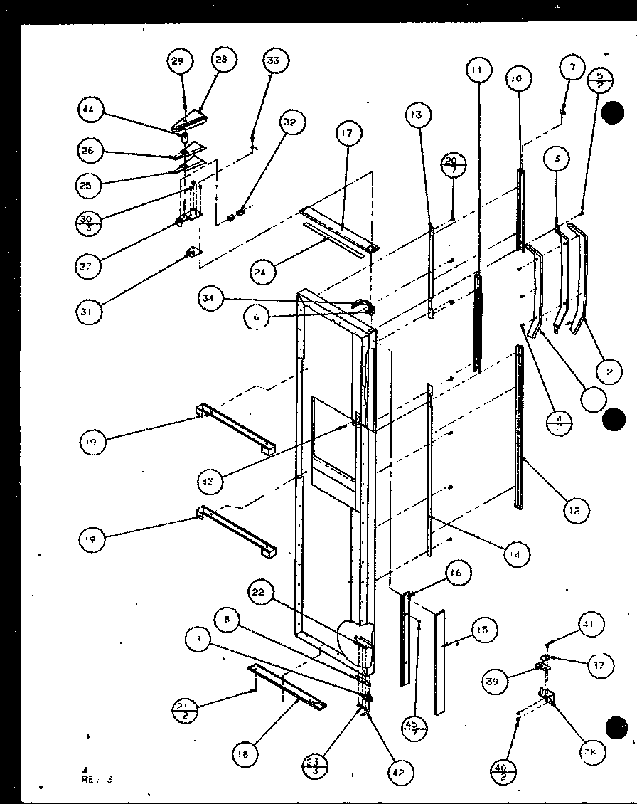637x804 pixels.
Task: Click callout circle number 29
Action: [x=178, y=61]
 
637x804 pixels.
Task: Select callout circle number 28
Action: [x=221, y=60]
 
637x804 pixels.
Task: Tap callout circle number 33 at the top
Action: [x=273, y=60]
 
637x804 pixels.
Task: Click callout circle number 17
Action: [x=346, y=133]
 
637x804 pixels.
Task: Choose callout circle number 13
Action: [x=417, y=115]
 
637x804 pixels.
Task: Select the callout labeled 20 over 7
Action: [x=452, y=164]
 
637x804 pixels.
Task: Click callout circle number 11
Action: [x=476, y=70]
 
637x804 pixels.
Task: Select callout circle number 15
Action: [x=483, y=630]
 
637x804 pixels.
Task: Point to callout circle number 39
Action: [x=513, y=682]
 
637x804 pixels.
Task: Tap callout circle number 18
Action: [x=245, y=756]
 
